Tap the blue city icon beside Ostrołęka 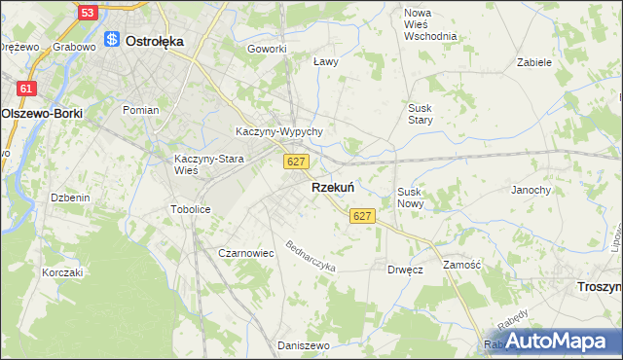112,40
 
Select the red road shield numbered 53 88,13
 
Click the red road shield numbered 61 27,89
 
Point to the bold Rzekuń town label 332,188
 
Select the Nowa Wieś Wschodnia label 429,24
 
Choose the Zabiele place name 534,61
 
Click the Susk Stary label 421,113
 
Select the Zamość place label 461,265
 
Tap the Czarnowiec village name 245,253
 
